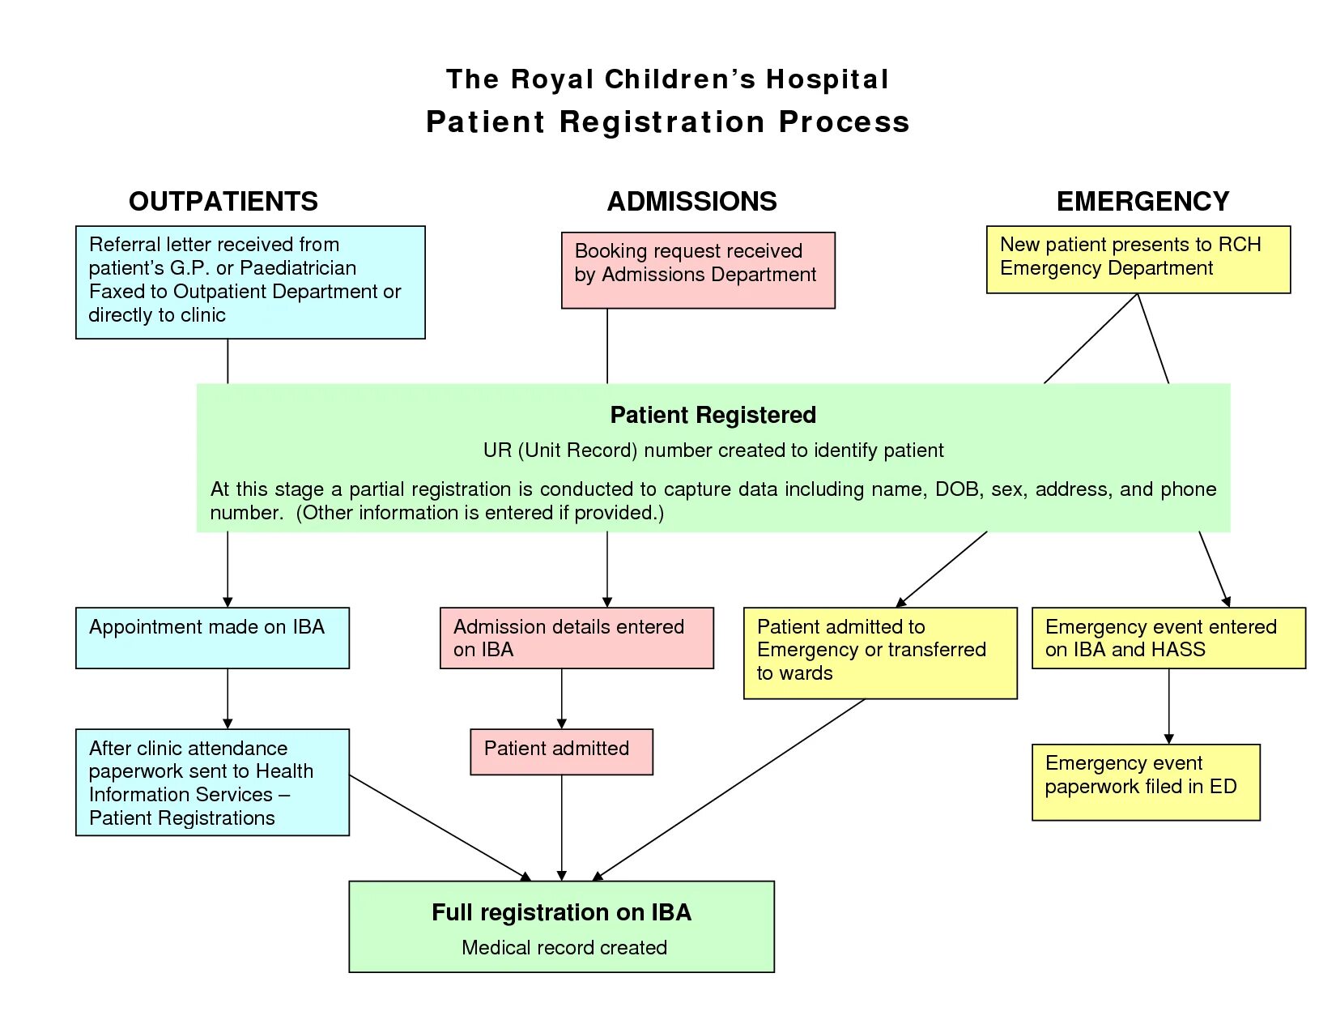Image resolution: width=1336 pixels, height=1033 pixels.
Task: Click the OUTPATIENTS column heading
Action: point(223,201)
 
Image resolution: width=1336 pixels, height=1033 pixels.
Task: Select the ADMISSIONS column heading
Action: point(691,201)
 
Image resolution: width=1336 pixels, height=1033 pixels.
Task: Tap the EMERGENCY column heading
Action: point(1142,201)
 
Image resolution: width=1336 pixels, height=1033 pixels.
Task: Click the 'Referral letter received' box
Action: point(249,282)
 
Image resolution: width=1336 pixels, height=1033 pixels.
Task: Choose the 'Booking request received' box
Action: point(697,270)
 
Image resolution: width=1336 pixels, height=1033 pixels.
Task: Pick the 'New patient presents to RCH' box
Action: point(1138,259)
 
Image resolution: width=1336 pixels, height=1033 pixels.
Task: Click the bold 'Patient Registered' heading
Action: point(713,415)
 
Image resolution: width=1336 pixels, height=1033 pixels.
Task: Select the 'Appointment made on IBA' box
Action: point(212,638)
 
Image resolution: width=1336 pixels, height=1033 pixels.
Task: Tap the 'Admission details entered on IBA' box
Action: point(577,638)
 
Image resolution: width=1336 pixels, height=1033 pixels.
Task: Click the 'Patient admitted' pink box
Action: point(561,751)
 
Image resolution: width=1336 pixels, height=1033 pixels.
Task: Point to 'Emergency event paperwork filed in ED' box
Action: point(1146,782)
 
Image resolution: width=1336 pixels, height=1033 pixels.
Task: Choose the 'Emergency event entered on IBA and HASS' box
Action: point(1168,638)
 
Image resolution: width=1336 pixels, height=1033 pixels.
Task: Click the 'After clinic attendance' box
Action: point(212,782)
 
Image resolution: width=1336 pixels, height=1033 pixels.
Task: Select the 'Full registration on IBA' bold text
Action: point(561,912)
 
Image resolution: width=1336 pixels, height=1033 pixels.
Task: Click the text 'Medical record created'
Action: point(564,947)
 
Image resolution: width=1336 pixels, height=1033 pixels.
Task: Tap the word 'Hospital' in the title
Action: point(827,79)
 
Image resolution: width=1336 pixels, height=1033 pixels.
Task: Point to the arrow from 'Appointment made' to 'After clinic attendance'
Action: point(228,698)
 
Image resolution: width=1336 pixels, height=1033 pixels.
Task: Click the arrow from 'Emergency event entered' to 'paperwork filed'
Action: point(1168,706)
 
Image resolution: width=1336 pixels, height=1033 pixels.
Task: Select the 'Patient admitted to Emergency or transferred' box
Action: point(880,652)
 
